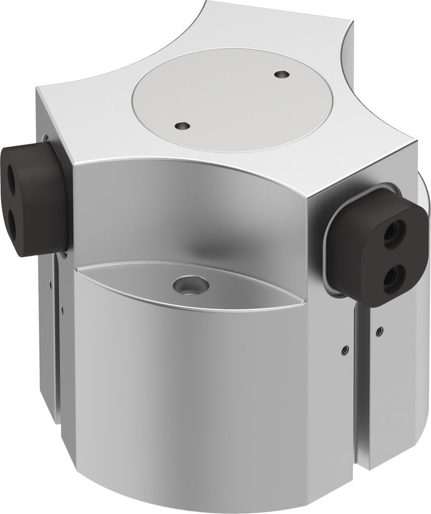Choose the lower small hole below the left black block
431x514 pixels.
[62, 308]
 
